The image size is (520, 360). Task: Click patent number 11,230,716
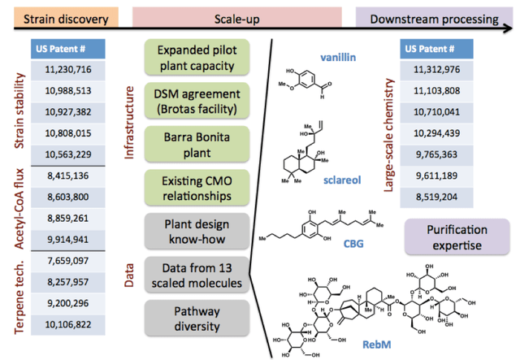click(x=67, y=72)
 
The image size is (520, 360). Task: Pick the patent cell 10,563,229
click(x=67, y=154)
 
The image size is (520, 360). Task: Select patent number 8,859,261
click(x=67, y=217)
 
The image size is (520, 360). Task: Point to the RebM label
click(x=388, y=345)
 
